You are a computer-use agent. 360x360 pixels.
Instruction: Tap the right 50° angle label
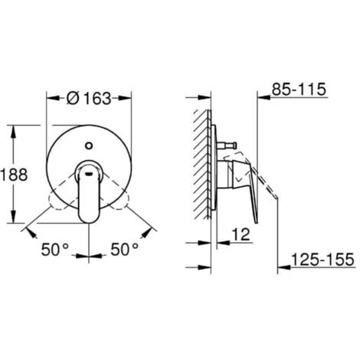click(x=124, y=249)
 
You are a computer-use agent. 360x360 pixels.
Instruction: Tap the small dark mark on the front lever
click(x=90, y=174)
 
